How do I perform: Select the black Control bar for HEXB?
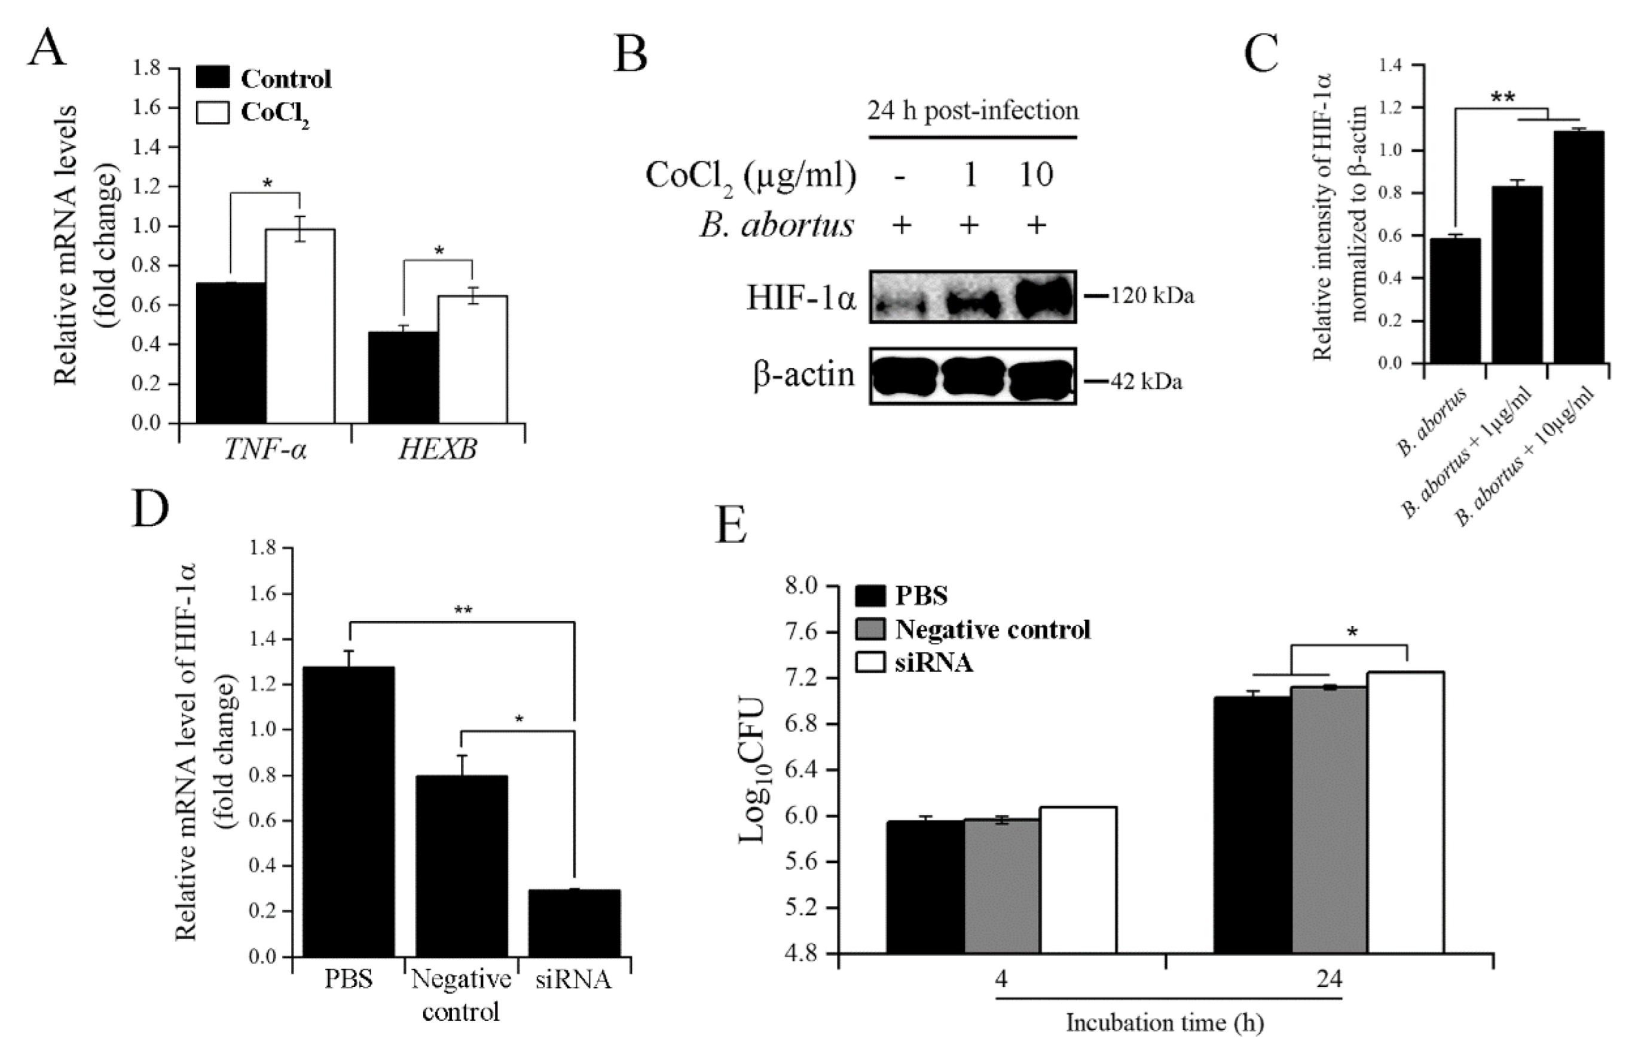(x=404, y=377)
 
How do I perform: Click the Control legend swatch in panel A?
(x=212, y=77)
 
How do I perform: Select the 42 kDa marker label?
(x=1145, y=381)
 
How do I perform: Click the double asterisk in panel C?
(x=1502, y=97)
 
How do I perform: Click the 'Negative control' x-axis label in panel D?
(x=461, y=995)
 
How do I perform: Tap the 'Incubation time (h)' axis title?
(x=1165, y=1022)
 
